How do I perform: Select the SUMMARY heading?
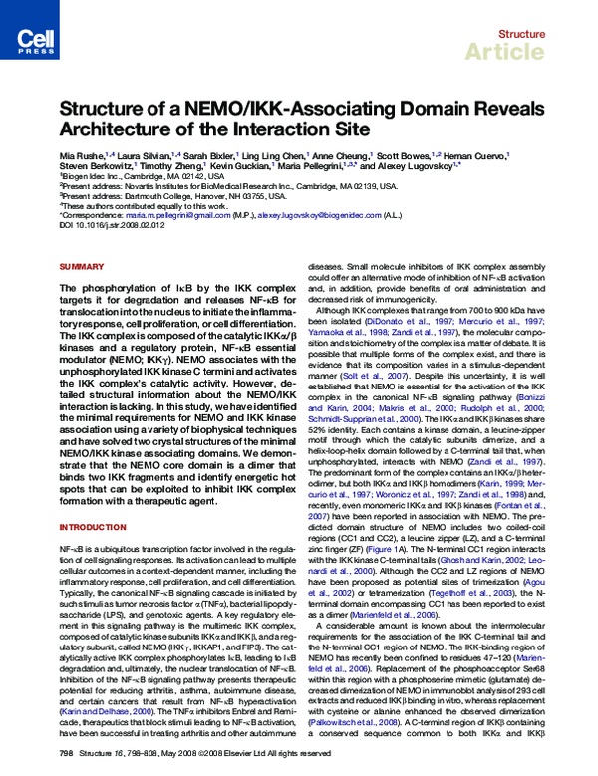pyautogui.click(x=81, y=267)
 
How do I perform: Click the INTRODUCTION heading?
pyautogui.click(x=92, y=526)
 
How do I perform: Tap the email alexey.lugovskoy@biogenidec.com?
pyautogui.click(x=319, y=215)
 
